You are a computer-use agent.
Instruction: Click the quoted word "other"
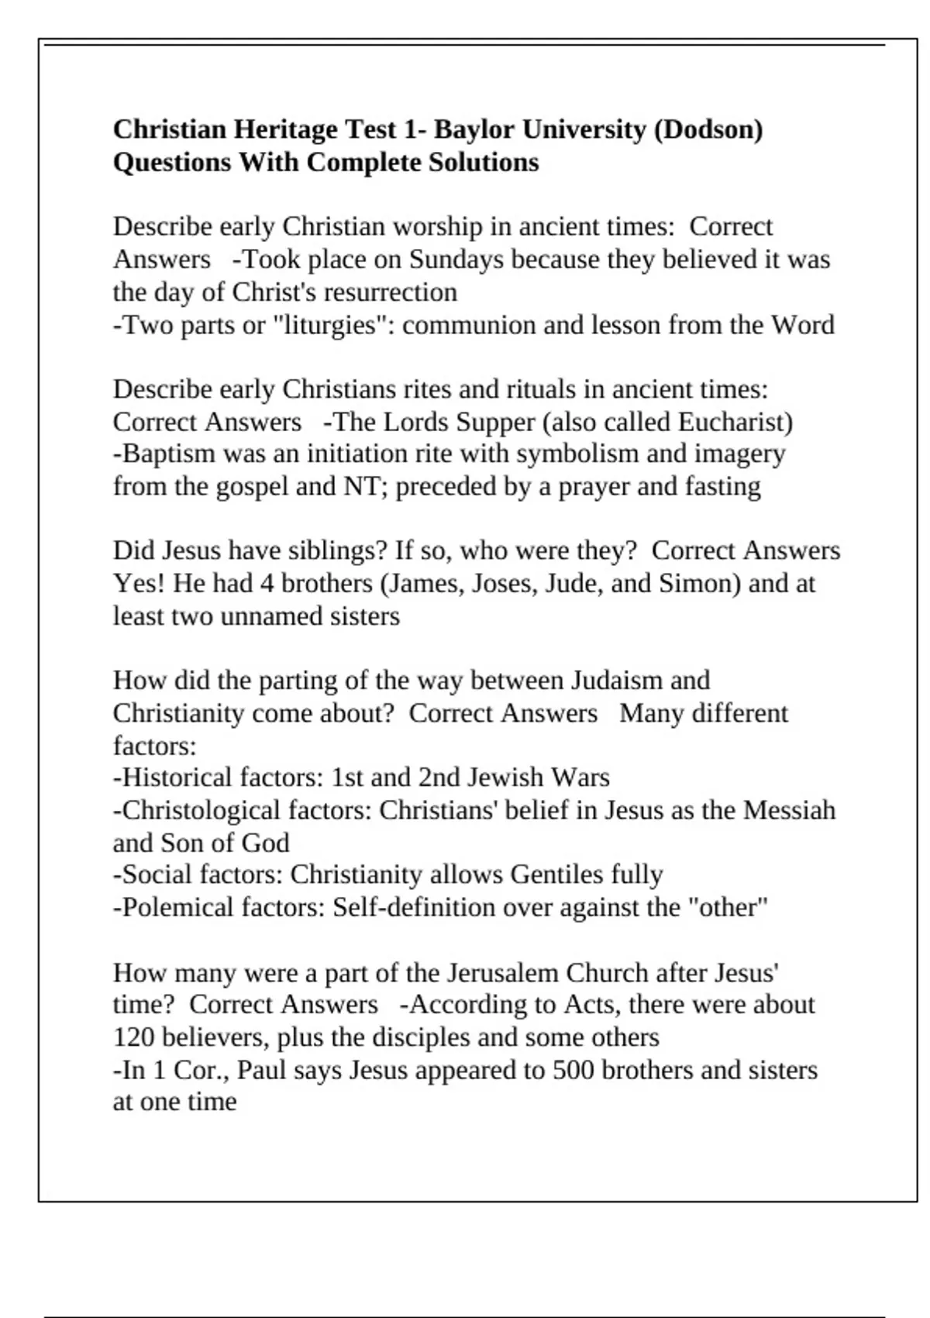click(728, 907)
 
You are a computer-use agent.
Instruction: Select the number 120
click(134, 1037)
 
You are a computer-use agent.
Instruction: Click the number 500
click(573, 1071)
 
